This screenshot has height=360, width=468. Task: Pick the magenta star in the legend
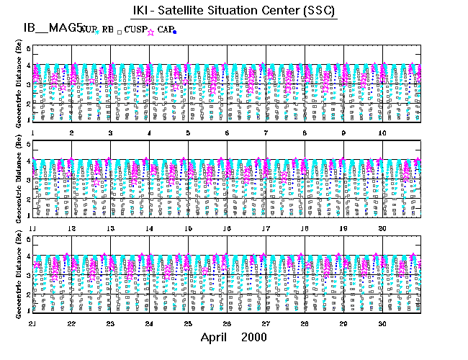click(151, 32)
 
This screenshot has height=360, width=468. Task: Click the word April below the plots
click(215, 337)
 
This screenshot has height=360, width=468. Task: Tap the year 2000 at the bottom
click(253, 337)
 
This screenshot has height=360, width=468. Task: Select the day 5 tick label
click(188, 134)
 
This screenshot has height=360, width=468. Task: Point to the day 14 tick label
click(149, 228)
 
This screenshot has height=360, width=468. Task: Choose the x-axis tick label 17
click(266, 228)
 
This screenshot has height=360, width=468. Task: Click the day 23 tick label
click(110, 324)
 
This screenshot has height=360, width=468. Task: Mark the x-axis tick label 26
click(227, 324)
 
